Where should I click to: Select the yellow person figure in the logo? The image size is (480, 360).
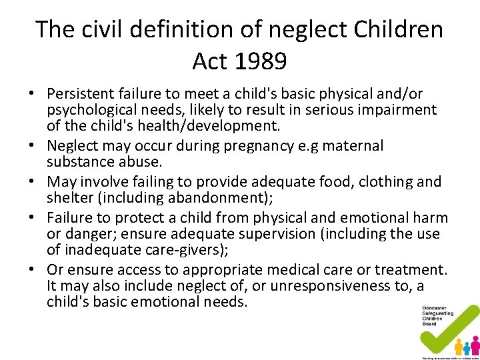[x=459, y=345]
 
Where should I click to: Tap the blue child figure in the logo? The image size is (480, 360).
[x=467, y=348]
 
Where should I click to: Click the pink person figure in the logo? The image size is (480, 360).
[x=475, y=345]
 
